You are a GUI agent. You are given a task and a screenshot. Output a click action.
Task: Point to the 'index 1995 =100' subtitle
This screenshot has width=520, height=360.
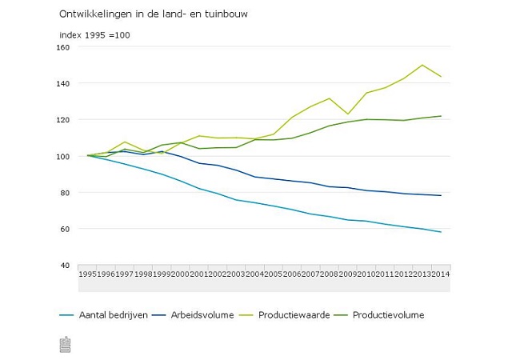pos(94,35)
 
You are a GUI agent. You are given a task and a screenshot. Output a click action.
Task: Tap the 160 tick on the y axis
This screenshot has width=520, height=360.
pos(64,47)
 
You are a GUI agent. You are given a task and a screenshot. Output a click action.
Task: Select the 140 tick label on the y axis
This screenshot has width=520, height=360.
pos(64,83)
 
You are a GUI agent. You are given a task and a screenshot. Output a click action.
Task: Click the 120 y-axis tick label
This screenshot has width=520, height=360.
pos(64,120)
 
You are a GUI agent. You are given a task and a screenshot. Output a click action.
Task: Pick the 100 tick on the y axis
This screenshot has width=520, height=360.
pos(64,156)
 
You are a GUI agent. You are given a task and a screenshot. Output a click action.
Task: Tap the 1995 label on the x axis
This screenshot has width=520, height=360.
pos(88,274)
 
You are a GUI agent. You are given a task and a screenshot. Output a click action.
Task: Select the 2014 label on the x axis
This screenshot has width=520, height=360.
pos(441,274)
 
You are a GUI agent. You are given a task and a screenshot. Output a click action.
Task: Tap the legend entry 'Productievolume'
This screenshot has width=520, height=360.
pos(388,315)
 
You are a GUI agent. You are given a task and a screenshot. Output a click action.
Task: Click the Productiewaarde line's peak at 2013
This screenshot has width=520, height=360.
pos(422,65)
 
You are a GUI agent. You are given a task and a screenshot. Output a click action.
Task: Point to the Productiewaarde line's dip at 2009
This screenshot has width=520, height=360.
pos(347,114)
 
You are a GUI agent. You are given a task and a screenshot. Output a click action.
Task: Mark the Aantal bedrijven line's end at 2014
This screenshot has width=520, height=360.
pos(441,232)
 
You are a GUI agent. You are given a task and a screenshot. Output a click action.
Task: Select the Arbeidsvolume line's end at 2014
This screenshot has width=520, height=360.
pos(441,195)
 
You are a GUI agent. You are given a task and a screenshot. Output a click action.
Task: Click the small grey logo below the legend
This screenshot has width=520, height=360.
pos(65,344)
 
